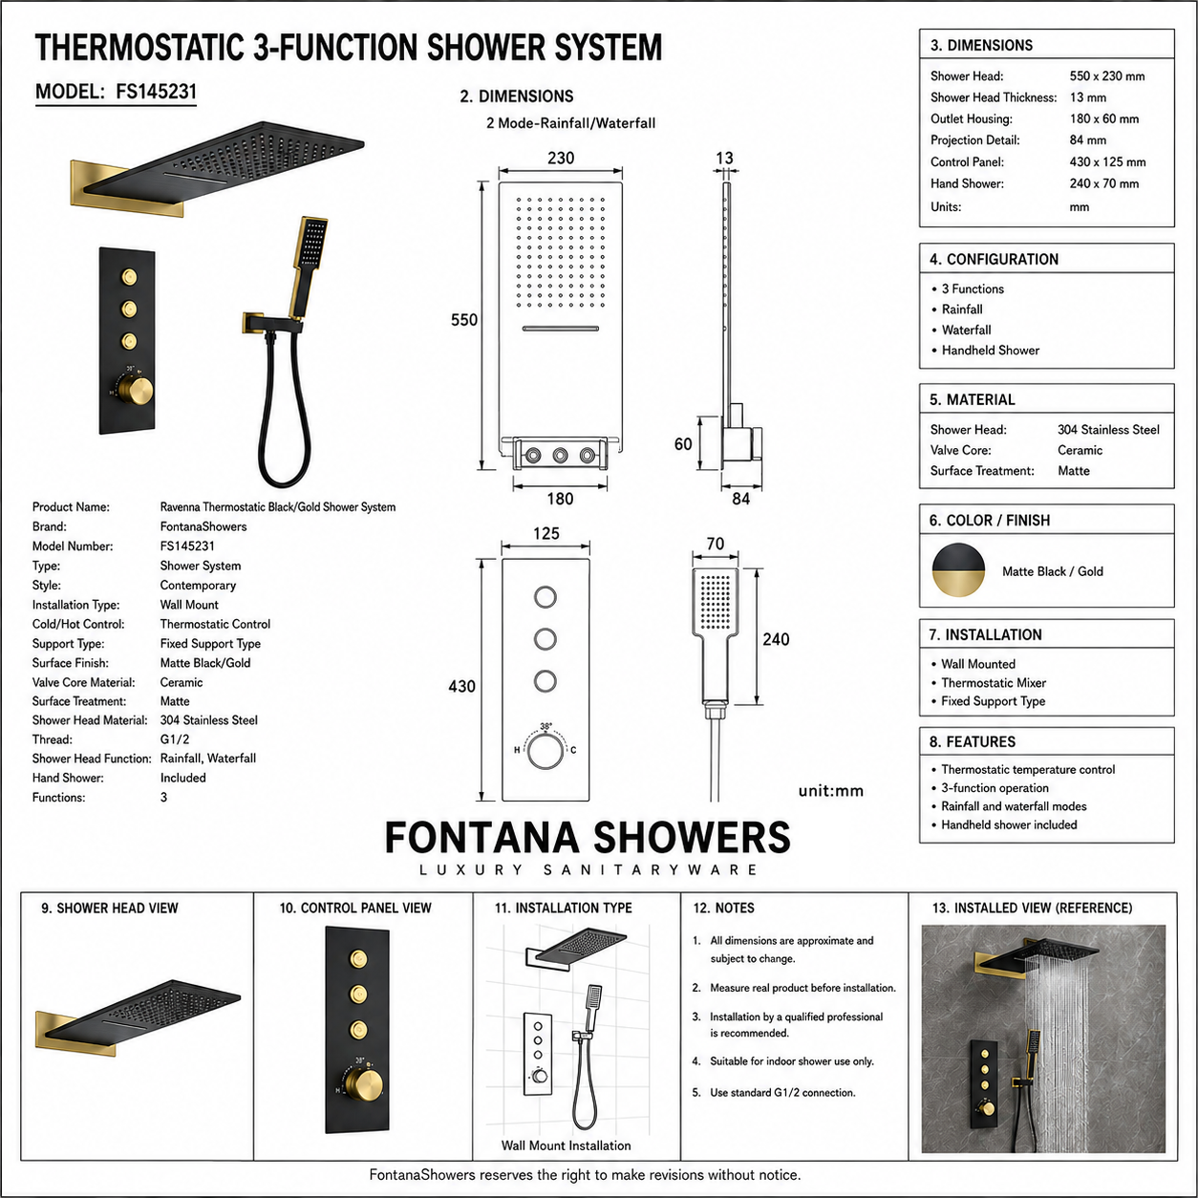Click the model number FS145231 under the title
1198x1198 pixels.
156,92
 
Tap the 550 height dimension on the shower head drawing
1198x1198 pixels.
464,320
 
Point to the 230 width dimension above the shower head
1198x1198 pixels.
561,158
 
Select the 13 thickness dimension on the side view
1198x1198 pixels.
724,158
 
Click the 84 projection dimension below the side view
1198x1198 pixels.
741,498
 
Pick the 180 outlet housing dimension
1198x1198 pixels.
560,498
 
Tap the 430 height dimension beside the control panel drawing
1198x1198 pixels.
462,686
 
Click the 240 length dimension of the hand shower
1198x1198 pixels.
776,639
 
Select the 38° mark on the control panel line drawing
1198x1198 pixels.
546,726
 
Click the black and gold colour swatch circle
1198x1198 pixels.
958,570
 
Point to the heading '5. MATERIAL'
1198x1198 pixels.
973,399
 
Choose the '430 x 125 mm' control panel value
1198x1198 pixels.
1107,162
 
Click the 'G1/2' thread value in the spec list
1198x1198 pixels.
175,739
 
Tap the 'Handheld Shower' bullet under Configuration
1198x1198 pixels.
991,351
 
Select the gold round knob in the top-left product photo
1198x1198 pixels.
136,391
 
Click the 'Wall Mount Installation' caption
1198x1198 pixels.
566,1145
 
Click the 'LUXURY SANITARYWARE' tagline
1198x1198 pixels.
588,869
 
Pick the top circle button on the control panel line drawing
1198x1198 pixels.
546,597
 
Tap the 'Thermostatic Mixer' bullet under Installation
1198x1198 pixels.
994,683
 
